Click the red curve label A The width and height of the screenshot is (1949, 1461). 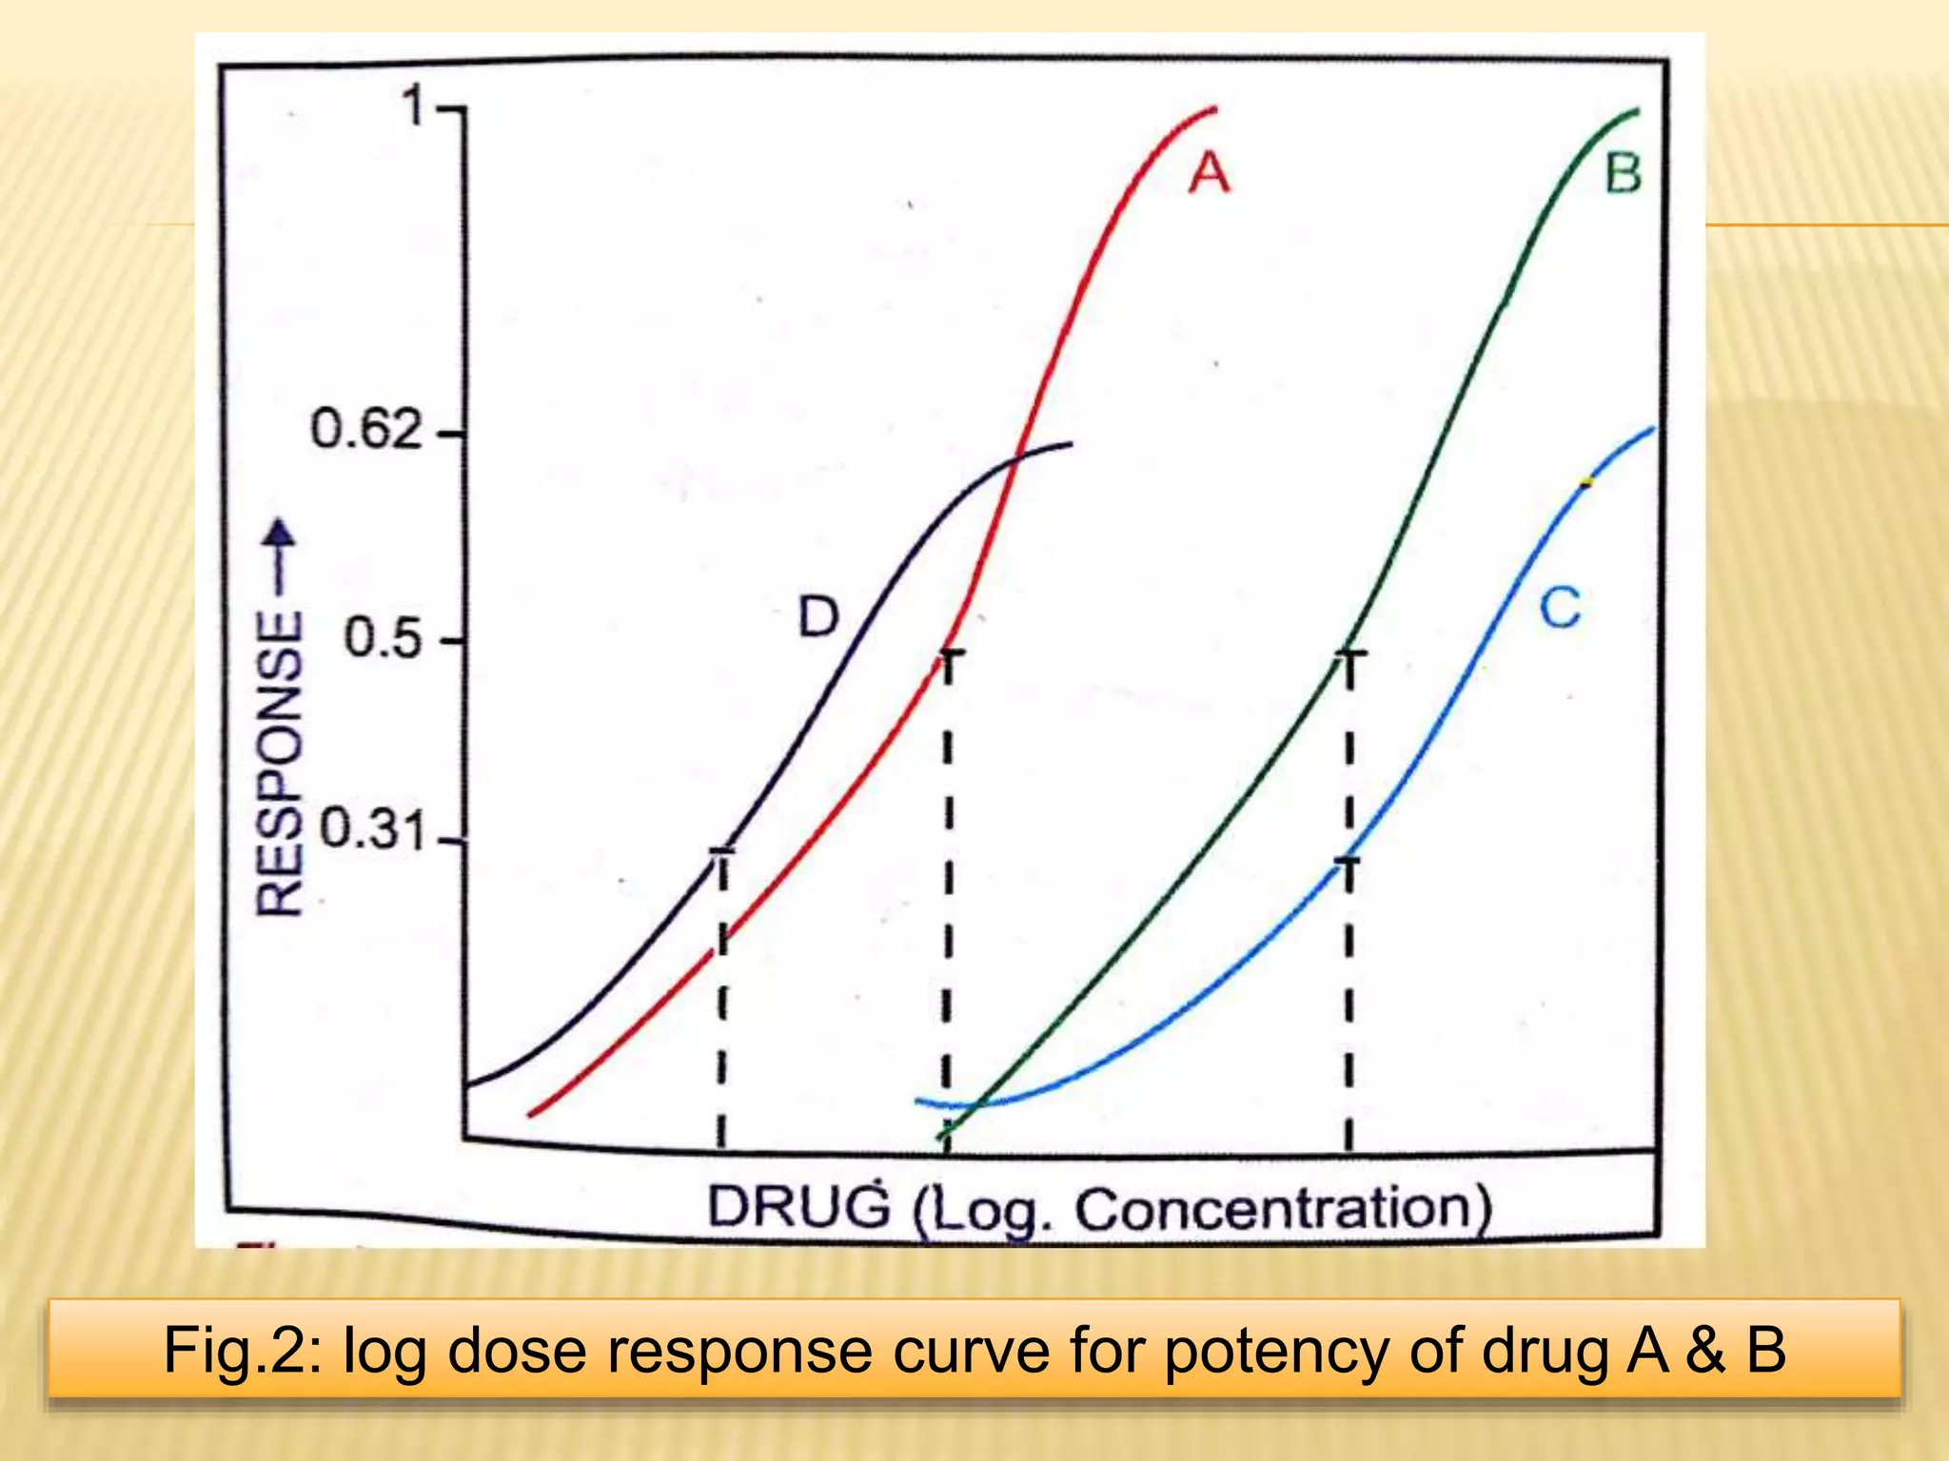(x=1209, y=174)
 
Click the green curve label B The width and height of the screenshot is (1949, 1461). (x=1624, y=174)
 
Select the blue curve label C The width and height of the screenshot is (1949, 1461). (x=1560, y=608)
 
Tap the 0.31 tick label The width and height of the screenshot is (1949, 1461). (x=371, y=829)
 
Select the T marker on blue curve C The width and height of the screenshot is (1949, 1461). (x=1348, y=863)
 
